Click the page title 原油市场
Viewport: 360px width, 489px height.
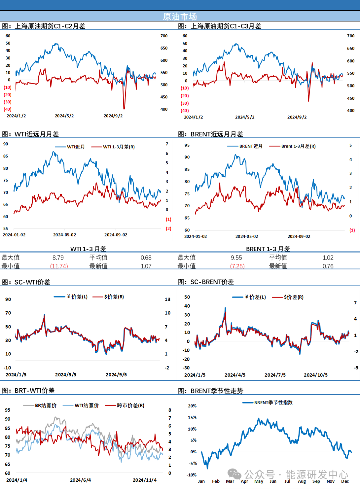point(180,16)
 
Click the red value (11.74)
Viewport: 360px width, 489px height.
point(59,266)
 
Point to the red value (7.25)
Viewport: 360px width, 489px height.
point(238,266)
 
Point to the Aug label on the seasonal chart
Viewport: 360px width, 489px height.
point(302,481)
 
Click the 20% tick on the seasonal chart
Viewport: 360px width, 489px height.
point(192,406)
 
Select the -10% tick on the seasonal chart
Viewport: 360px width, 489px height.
point(192,475)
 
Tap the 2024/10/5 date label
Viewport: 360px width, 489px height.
point(315,375)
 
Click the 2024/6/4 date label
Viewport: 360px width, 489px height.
point(80,480)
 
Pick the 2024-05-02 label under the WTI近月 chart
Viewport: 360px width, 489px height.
point(64,235)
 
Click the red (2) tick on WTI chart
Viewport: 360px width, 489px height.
point(169,228)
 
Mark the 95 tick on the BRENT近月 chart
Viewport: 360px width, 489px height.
point(187,145)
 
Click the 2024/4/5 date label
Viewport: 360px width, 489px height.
point(235,375)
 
